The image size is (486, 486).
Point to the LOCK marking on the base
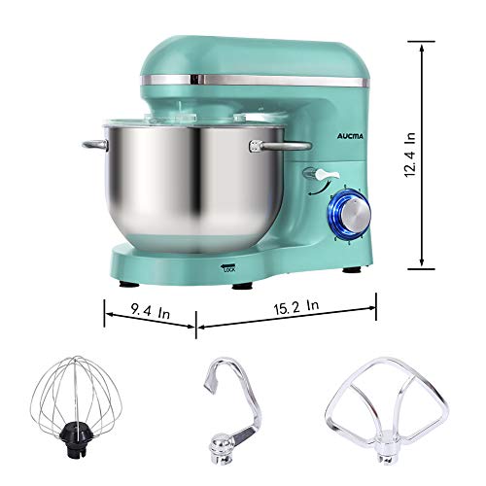pos(229,269)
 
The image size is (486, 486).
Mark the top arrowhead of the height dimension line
pos(421,45)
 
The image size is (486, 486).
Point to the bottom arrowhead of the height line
pos(421,261)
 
